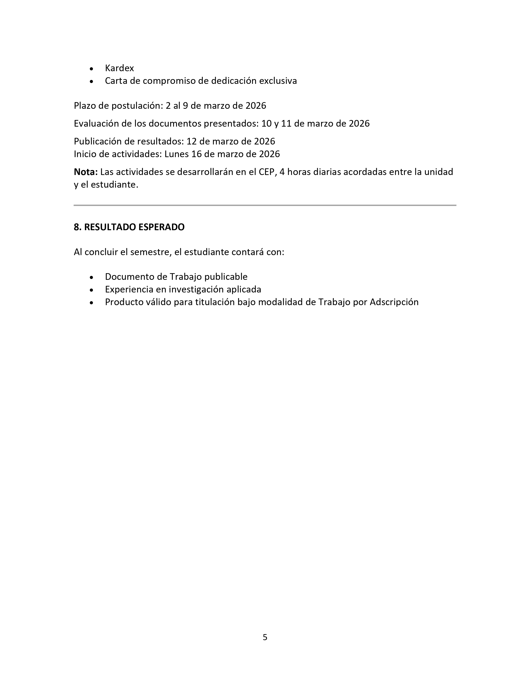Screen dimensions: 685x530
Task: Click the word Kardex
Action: [119, 68]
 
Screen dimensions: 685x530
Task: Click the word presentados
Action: [231, 124]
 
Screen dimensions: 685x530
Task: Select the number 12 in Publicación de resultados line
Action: [192, 141]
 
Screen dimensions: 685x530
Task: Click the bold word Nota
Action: [86, 172]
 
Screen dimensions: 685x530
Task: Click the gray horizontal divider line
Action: [265, 205]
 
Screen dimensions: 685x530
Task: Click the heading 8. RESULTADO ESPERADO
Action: [129, 227]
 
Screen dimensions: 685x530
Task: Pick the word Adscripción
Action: [394, 302]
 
